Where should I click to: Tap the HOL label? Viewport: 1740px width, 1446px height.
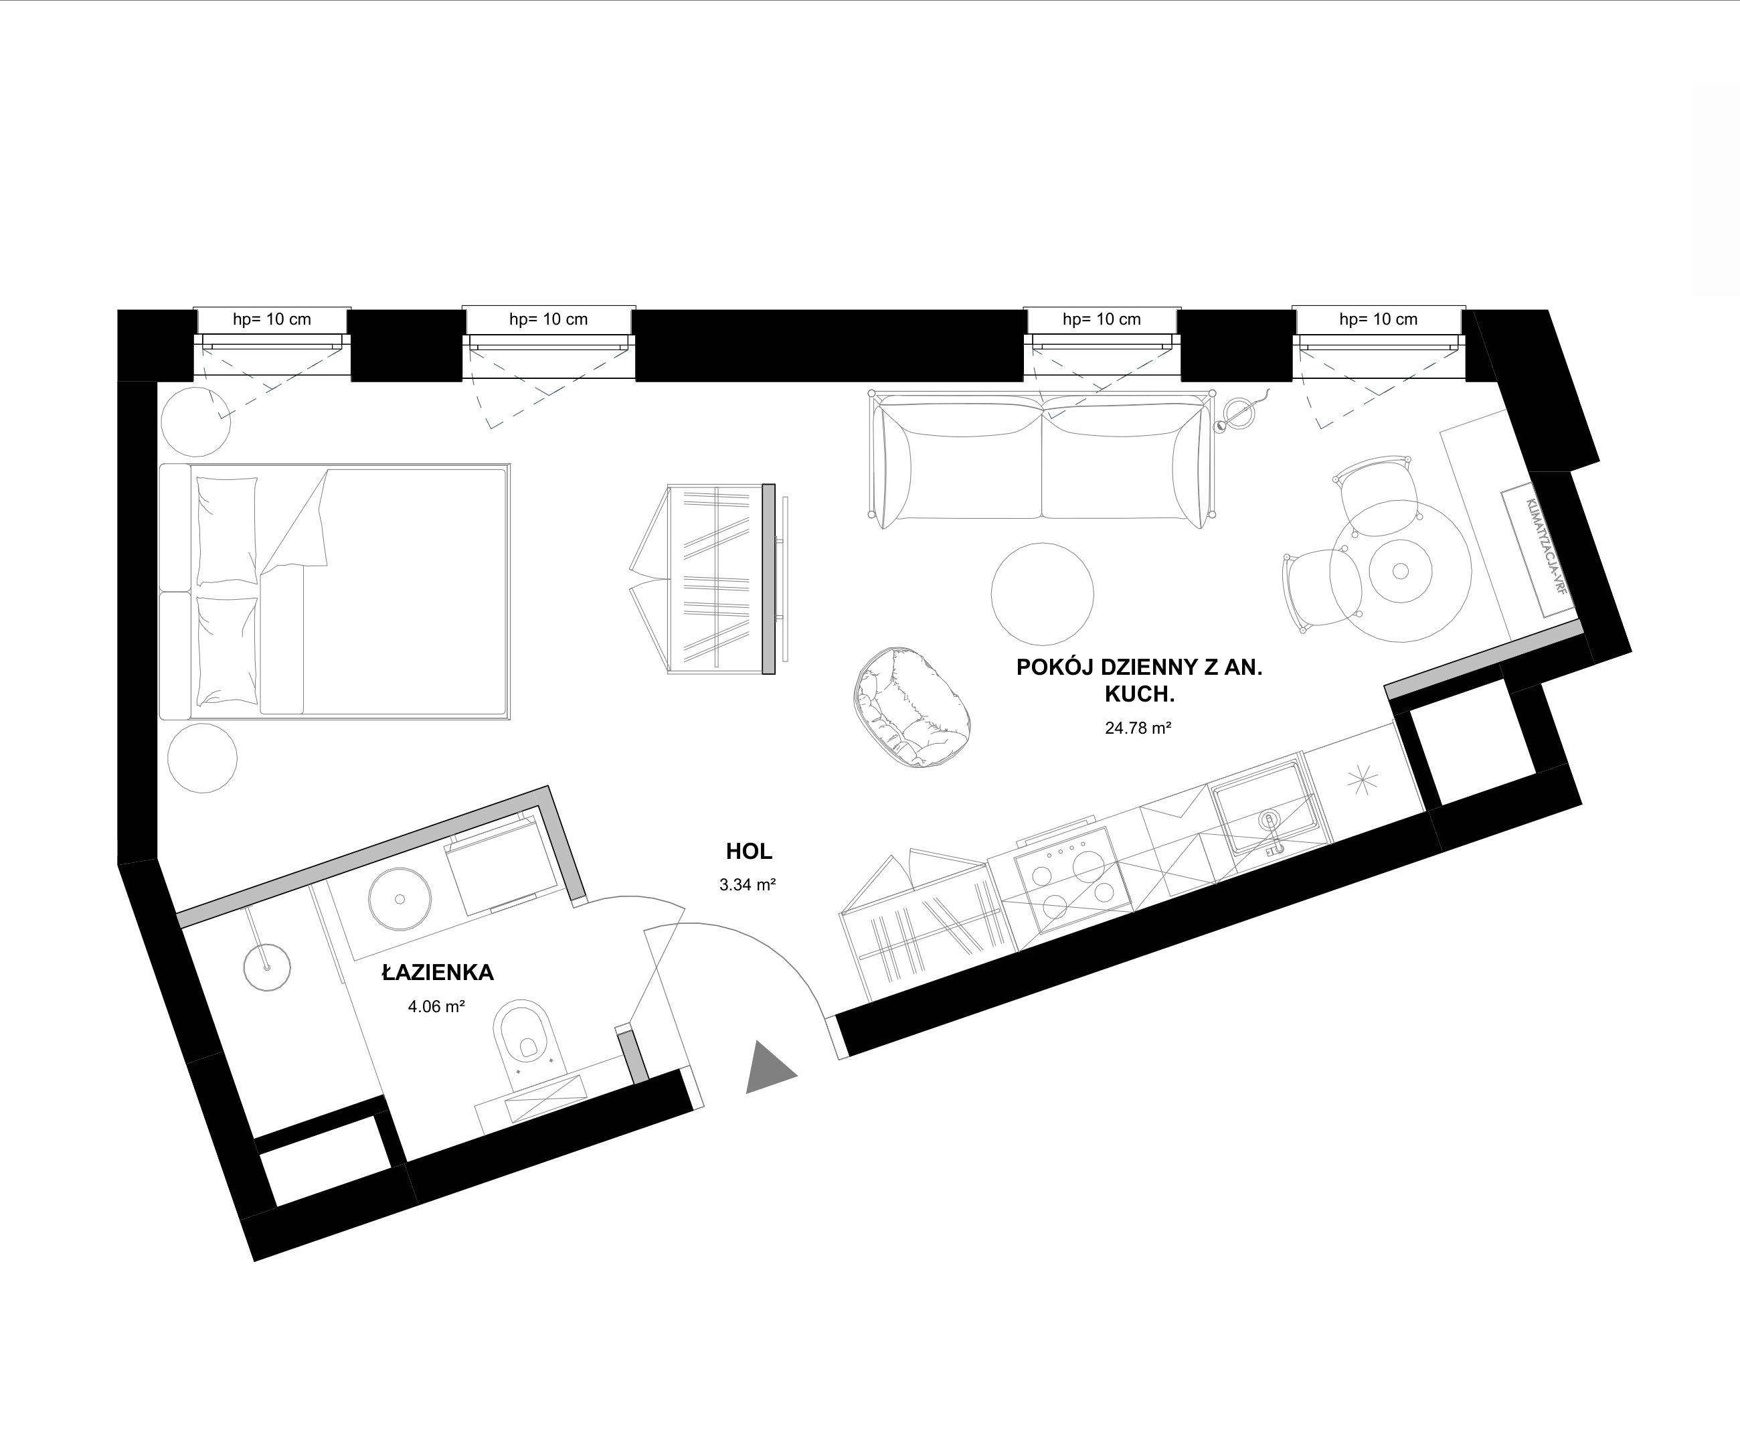click(749, 851)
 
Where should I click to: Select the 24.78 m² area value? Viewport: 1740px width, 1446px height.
click(1138, 728)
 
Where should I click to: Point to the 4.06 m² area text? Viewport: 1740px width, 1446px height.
click(436, 1007)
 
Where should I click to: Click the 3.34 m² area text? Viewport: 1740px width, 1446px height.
click(748, 884)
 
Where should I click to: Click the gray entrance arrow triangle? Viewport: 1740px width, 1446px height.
click(767, 1068)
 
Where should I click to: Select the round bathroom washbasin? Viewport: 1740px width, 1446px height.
click(400, 899)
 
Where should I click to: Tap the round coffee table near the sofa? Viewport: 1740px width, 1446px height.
click(1043, 593)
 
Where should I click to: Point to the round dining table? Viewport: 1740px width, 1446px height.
click(1400, 571)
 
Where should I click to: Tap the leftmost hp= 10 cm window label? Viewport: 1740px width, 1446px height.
click(272, 319)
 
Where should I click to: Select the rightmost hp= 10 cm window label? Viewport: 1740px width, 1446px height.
click(1379, 319)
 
